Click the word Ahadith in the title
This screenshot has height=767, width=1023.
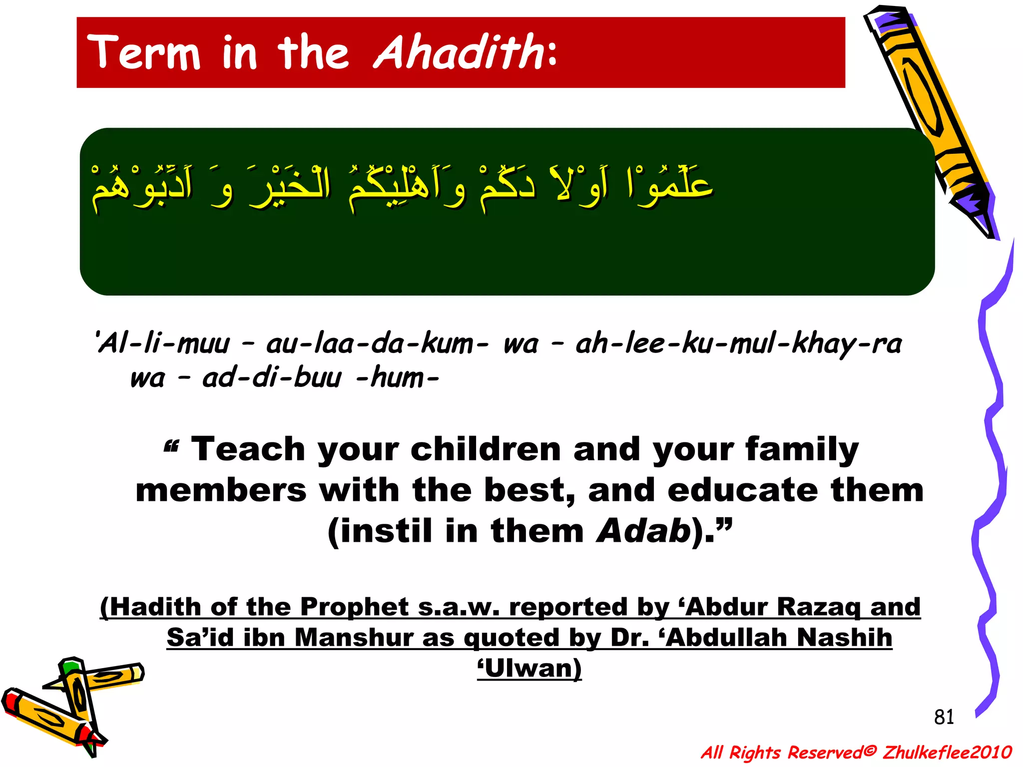pos(459,52)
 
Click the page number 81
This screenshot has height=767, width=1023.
pos(944,717)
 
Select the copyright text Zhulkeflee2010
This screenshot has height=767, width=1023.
pos(947,752)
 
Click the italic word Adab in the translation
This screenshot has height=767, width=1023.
pos(643,531)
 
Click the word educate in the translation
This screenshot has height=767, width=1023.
pos(742,490)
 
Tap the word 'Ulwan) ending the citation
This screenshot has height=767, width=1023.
pos(529,668)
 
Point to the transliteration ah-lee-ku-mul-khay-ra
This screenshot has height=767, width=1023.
pos(738,344)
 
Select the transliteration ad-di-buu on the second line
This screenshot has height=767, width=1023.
pos(272,378)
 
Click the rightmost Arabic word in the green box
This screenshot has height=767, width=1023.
pos(669,185)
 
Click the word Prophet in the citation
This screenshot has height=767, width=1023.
pos(354,607)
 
